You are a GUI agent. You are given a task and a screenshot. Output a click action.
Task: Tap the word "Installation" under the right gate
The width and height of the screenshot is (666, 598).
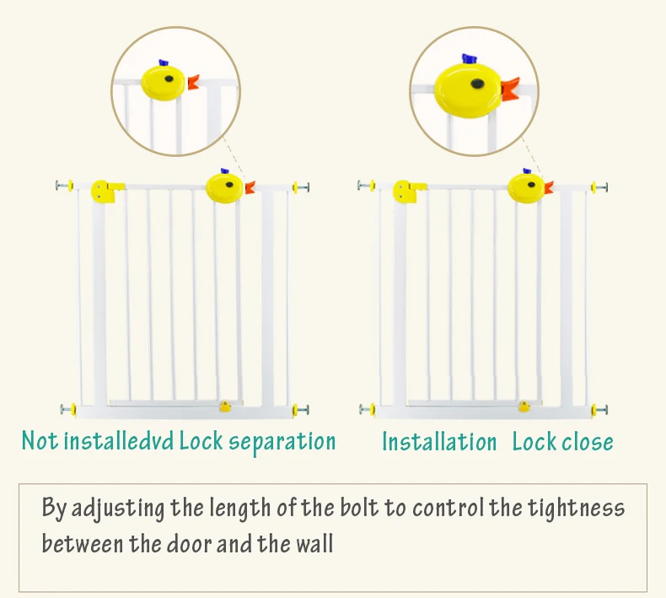click(x=439, y=442)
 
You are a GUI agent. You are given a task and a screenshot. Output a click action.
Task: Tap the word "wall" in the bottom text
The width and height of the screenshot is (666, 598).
click(x=314, y=542)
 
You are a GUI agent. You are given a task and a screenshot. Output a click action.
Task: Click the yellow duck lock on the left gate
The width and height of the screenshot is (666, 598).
click(x=224, y=186)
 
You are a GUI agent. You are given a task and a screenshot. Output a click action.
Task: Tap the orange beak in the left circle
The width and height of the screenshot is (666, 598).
click(x=193, y=82)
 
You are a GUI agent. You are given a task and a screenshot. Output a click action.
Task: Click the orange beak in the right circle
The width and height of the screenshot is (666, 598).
click(x=509, y=88)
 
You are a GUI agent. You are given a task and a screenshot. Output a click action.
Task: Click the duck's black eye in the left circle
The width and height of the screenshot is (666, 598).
click(x=169, y=80)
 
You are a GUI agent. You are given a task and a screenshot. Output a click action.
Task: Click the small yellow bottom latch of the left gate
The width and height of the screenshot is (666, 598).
click(x=225, y=407)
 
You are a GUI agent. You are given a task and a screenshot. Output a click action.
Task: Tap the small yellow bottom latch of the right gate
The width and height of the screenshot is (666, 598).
click(x=525, y=407)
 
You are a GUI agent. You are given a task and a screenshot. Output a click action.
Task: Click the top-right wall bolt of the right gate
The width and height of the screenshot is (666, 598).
click(x=600, y=186)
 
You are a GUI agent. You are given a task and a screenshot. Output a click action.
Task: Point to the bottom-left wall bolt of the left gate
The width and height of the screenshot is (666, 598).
click(x=68, y=410)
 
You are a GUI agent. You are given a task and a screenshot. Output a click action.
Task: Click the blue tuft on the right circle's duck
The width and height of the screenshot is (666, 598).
click(x=470, y=59)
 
